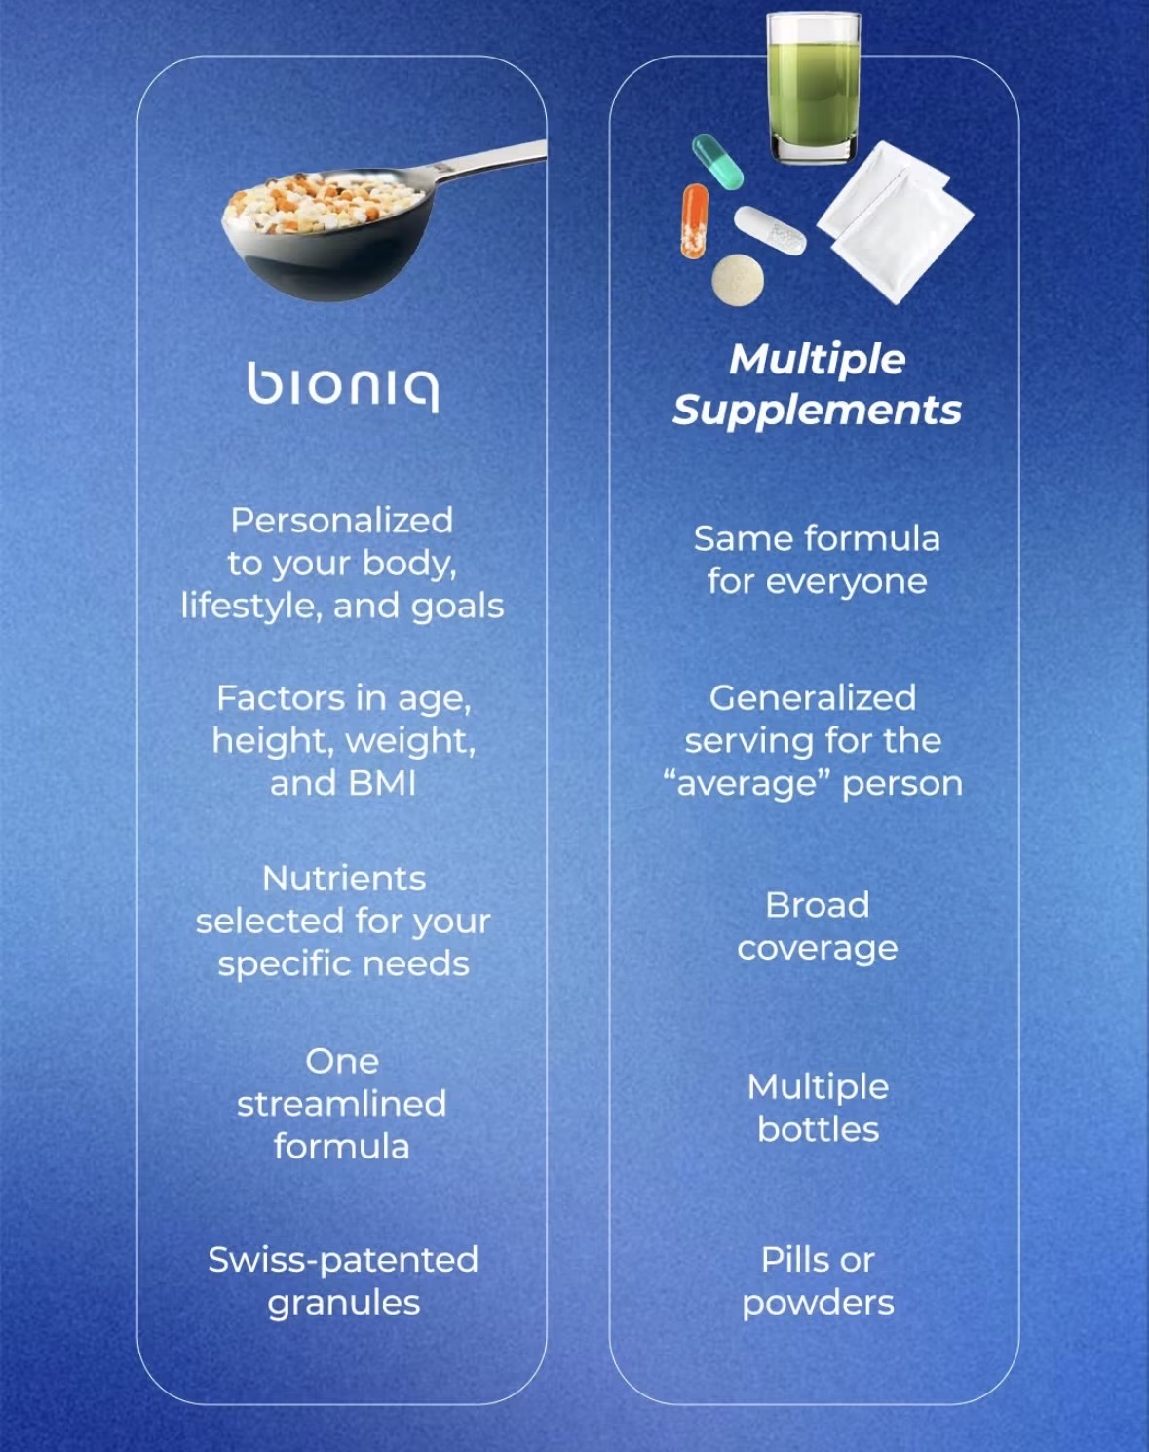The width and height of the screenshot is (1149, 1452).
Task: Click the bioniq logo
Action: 343,386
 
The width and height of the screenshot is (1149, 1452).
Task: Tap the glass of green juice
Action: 814,88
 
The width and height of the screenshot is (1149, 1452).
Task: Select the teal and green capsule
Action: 717,161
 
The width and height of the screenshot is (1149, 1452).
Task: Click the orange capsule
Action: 695,220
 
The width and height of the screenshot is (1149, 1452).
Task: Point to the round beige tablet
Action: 738,279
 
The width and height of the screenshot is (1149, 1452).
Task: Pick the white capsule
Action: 769,230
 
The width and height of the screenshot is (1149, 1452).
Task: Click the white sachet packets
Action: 895,222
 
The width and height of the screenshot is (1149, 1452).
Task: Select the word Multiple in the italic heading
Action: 818,360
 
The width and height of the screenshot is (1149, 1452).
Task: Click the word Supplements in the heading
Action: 818,411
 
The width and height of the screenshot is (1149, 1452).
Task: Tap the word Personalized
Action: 342,520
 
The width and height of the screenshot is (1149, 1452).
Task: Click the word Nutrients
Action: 344,879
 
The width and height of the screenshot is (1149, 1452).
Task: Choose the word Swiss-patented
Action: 343,1260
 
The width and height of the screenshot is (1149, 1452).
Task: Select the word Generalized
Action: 813,697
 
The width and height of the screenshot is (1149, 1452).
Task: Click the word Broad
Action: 818,905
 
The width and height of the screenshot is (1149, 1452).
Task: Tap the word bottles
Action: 818,1129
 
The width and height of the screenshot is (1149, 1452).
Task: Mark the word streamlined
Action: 342,1104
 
